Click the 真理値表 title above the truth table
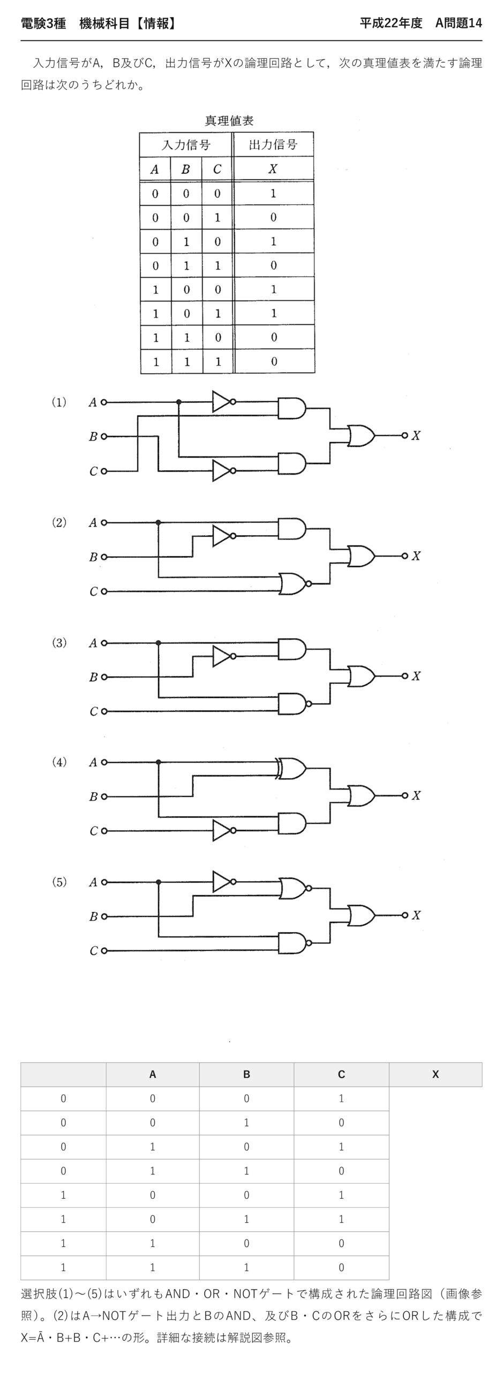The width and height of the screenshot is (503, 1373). click(229, 121)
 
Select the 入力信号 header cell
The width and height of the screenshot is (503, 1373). click(186, 145)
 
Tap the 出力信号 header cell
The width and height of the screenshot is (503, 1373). click(273, 144)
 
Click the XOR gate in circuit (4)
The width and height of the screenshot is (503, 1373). click(291, 769)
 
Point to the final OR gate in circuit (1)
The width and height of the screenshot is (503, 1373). click(362, 435)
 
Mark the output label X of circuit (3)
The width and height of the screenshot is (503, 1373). click(416, 676)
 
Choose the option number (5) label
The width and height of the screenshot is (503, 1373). click(59, 882)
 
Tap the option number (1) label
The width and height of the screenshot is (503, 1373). click(59, 402)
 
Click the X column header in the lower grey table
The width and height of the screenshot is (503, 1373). click(436, 1074)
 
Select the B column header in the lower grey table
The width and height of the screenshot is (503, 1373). click(246, 1074)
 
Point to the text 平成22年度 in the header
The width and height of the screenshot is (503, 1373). click(391, 23)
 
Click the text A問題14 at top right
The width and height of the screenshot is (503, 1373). click(459, 23)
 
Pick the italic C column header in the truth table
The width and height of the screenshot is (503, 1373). click(217, 169)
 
